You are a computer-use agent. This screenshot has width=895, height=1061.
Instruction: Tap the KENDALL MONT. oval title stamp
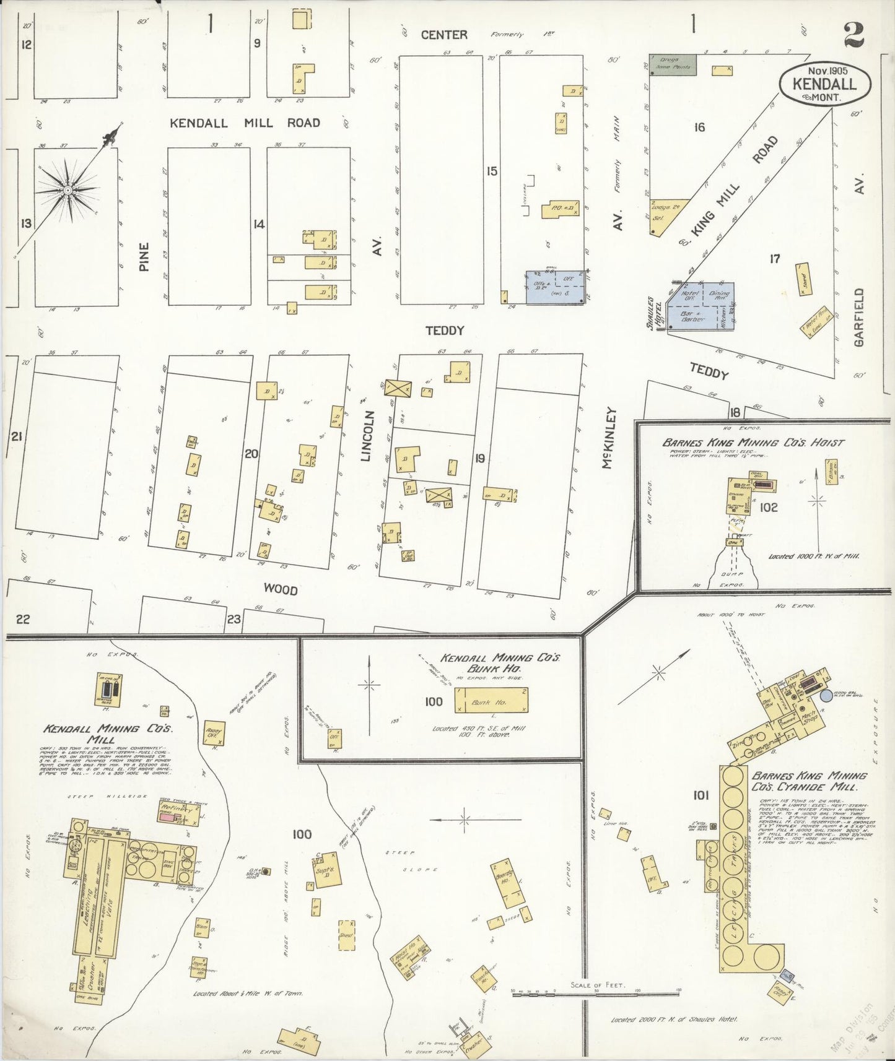coord(825,83)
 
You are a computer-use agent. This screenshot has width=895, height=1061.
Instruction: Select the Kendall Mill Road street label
coord(245,123)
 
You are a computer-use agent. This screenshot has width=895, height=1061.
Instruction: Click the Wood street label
coord(280,590)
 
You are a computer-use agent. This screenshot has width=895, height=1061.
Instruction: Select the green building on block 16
coord(672,64)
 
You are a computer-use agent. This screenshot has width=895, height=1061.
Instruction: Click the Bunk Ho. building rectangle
coord(491,701)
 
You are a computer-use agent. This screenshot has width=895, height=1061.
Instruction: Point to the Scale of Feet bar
coord(596,992)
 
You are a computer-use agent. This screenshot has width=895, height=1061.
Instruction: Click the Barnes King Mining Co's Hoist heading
coord(753,443)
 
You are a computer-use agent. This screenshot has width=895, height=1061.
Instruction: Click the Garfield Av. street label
coord(858,317)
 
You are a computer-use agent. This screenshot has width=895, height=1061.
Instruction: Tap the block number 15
coord(491,171)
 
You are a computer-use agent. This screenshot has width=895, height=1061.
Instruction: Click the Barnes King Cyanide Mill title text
coord(808,781)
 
